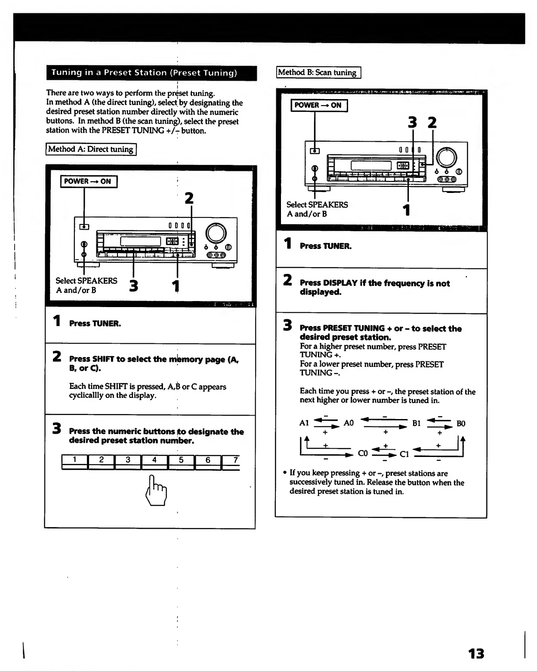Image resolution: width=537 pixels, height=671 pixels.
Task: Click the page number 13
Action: pos(476,653)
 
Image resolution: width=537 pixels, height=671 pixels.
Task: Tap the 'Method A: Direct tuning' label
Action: pos(91,149)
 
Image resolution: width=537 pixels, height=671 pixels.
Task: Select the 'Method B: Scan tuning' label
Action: pos(318,72)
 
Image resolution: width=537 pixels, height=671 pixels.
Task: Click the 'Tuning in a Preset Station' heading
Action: pos(144,73)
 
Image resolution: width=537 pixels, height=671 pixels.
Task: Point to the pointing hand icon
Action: pos(156,491)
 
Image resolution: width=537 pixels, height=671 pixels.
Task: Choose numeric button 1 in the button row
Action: pos(74,460)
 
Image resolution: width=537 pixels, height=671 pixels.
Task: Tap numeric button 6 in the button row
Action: pos(207,460)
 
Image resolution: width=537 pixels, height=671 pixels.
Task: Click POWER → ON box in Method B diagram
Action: pos(318,105)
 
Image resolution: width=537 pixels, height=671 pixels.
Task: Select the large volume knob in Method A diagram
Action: pos(216,233)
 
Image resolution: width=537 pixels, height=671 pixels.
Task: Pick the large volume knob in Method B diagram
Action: pos(447,158)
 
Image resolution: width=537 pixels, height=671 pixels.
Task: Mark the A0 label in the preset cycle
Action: pos(349,423)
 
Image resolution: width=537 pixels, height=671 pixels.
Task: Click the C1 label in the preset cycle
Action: pos(404,454)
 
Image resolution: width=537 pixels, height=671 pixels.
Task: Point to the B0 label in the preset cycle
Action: pos(461,423)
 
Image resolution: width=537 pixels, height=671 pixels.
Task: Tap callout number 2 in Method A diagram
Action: pos(189,198)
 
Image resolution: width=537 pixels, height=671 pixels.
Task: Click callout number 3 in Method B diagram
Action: pos(412,123)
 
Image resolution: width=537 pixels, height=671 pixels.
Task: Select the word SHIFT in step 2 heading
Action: pos(103,359)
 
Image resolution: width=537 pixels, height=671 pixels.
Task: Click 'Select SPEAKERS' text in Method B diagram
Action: pos(317,205)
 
